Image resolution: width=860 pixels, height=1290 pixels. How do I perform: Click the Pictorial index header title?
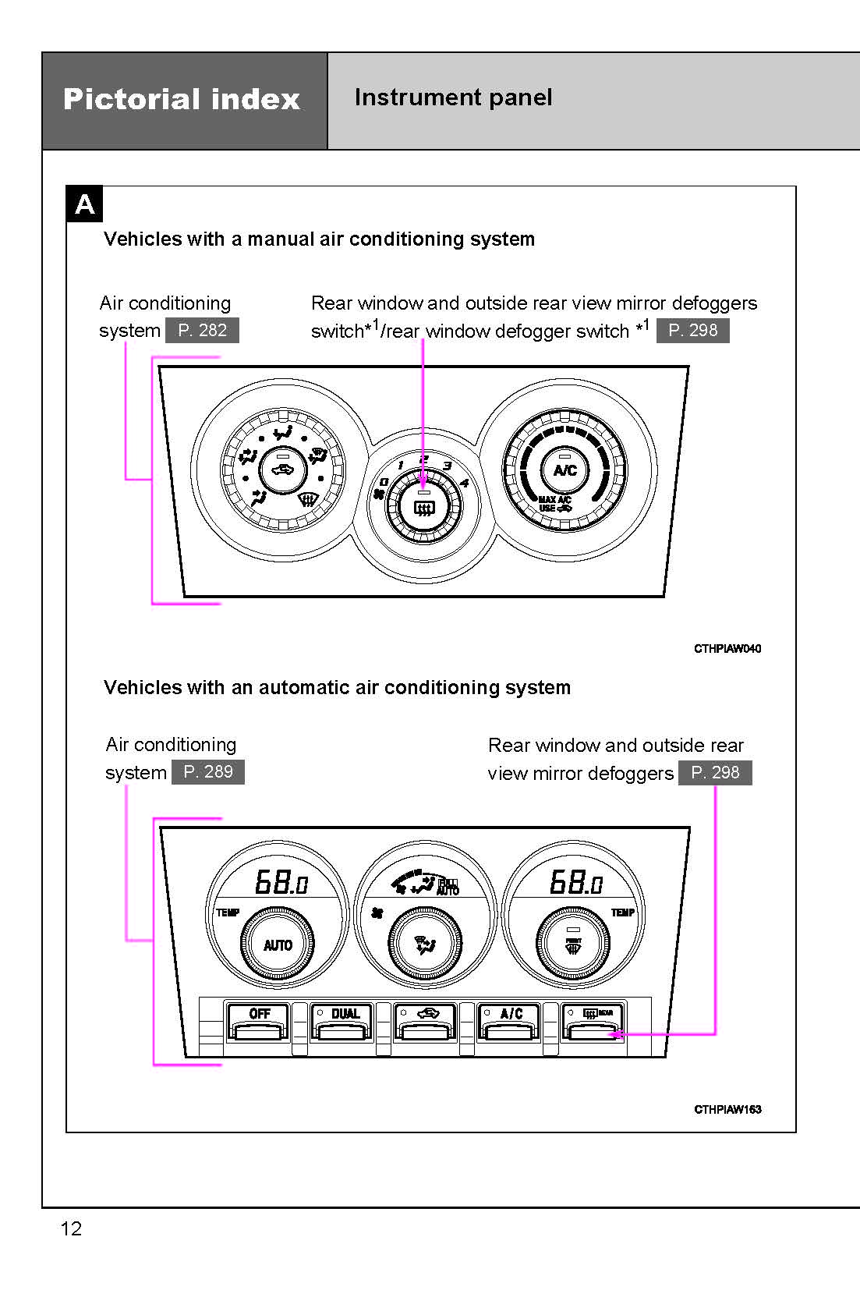pyautogui.click(x=182, y=99)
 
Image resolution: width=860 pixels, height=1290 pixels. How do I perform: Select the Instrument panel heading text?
pyautogui.click(x=453, y=97)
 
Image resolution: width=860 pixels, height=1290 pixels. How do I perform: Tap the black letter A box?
pyautogui.click(x=84, y=204)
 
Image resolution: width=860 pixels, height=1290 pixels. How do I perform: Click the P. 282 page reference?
pyautogui.click(x=202, y=330)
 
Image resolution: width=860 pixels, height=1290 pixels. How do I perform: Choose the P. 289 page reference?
pyautogui.click(x=207, y=772)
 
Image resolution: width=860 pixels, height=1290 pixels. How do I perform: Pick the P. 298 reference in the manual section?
pyautogui.click(x=692, y=330)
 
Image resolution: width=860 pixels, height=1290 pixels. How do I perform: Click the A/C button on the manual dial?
pyautogui.click(x=565, y=470)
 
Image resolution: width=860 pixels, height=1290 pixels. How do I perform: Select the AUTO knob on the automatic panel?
pyautogui.click(x=278, y=945)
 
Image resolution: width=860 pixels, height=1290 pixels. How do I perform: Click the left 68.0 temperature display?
pyautogui.click(x=281, y=883)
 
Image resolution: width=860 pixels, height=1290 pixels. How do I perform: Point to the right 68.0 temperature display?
pyautogui.click(x=575, y=883)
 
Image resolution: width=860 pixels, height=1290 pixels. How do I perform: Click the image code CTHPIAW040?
pyautogui.click(x=727, y=648)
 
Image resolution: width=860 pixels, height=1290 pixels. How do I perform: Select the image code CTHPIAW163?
pyautogui.click(x=727, y=1109)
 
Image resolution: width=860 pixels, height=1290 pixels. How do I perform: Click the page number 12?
pyautogui.click(x=71, y=1228)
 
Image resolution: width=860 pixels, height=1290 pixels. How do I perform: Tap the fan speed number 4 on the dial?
pyautogui.click(x=465, y=484)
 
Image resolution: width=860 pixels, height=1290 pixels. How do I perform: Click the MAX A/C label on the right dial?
pyautogui.click(x=554, y=500)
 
